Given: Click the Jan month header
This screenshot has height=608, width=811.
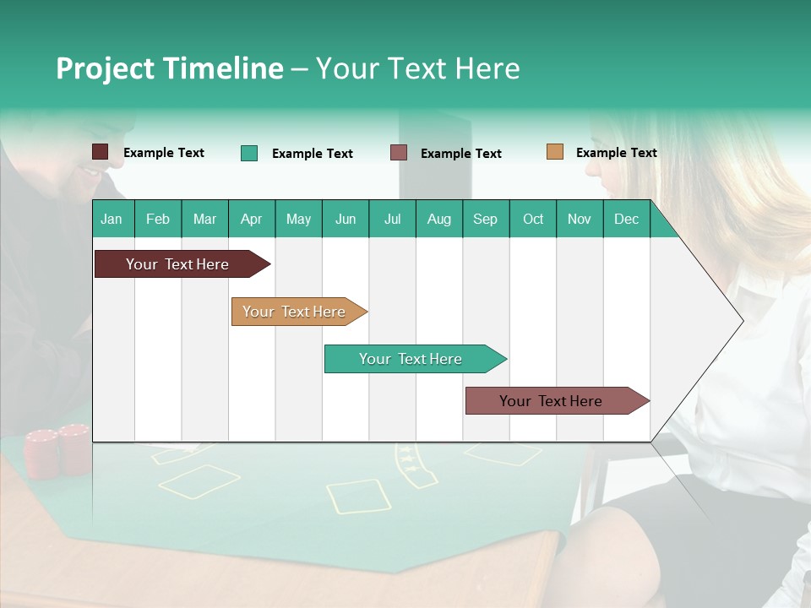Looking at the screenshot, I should (x=112, y=219).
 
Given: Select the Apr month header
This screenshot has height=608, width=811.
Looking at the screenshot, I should (x=251, y=219).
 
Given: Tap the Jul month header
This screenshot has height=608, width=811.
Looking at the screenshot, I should (x=392, y=219).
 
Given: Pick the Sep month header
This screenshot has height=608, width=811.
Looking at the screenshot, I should (x=485, y=219).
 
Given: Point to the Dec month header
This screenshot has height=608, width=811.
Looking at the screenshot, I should (x=626, y=219).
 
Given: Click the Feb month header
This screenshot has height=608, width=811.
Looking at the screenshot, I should (x=158, y=219).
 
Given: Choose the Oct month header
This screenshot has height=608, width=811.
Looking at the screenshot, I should (x=532, y=219).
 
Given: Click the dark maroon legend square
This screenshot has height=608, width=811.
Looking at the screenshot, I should (x=101, y=152).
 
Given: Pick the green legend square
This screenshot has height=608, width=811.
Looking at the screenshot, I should (x=249, y=153).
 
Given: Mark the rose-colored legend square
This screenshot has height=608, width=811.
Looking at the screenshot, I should (x=399, y=153).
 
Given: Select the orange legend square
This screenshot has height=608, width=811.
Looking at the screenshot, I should (x=555, y=152).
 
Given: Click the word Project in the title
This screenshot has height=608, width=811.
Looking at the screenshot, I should (x=105, y=68).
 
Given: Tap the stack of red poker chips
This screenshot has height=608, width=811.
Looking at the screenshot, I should (x=57, y=451).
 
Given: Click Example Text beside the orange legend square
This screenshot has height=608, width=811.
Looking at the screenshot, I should (x=616, y=153).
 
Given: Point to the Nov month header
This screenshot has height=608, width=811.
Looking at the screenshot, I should (x=580, y=219).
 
